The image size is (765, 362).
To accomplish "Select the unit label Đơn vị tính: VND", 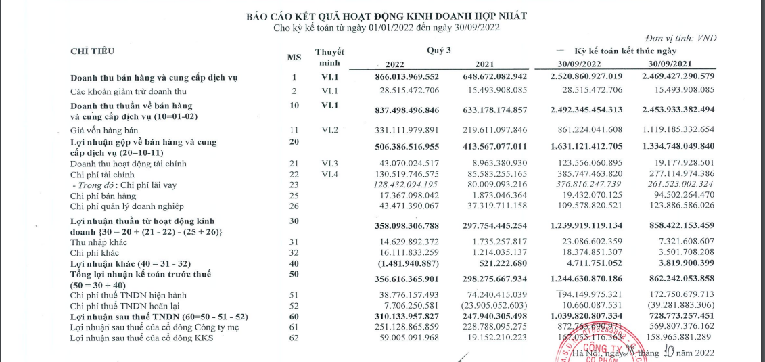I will click(681, 39).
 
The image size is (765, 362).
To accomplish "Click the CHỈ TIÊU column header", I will click(93, 51).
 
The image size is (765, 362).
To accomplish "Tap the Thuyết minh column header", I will click(329, 58).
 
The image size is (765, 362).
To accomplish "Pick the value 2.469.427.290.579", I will click(672, 78).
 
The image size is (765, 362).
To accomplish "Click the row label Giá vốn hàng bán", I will click(104, 129).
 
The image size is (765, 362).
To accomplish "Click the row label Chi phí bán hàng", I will click(103, 196).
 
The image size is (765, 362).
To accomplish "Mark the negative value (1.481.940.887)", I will click(407, 263).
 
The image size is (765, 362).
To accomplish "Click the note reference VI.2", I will click(329, 129).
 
